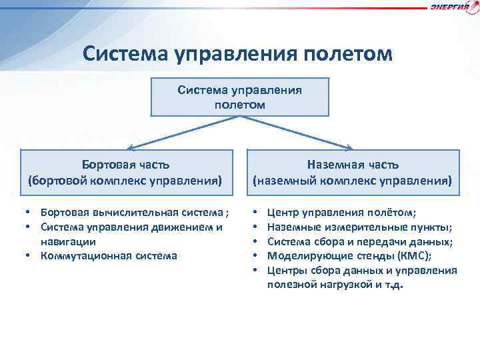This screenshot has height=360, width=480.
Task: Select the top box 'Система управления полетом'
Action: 240,97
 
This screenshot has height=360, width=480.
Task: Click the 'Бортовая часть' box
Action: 125,173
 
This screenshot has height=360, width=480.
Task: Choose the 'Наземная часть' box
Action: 353,173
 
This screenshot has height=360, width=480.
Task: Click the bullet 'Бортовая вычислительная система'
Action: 133,213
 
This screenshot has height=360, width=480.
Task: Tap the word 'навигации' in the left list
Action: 68,241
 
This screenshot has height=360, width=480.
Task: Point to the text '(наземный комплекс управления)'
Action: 353,180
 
